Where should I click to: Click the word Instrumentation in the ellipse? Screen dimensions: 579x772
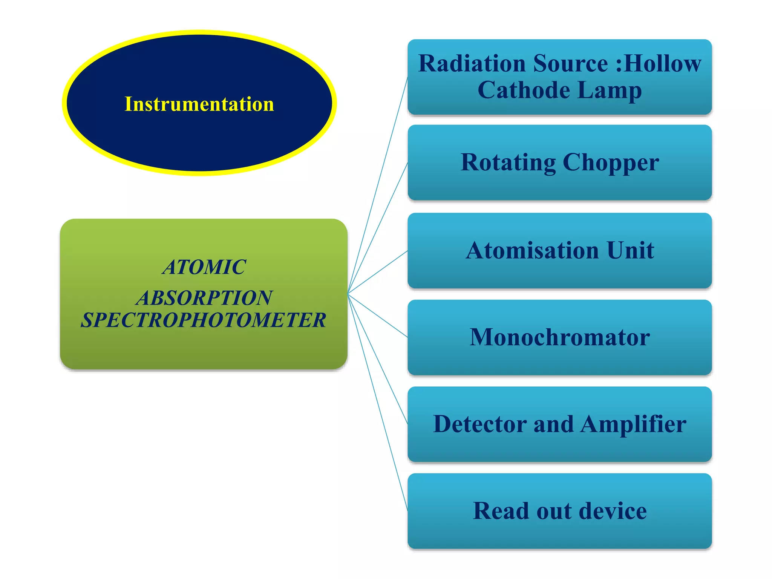(199, 104)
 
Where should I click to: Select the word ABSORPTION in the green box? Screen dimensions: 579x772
(204, 298)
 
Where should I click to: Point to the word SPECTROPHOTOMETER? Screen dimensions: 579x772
(204, 320)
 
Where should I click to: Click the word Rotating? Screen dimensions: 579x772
(508, 163)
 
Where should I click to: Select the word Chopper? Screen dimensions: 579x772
(611, 163)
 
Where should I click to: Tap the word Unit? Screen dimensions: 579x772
(630, 250)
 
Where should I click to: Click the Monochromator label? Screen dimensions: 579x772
(560, 337)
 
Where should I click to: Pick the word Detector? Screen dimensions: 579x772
(480, 424)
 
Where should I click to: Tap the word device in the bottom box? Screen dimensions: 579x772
(613, 511)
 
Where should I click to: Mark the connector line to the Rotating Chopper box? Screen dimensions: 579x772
(377, 228)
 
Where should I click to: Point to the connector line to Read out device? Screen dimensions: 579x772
(377, 401)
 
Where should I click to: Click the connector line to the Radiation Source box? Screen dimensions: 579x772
(377, 185)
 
